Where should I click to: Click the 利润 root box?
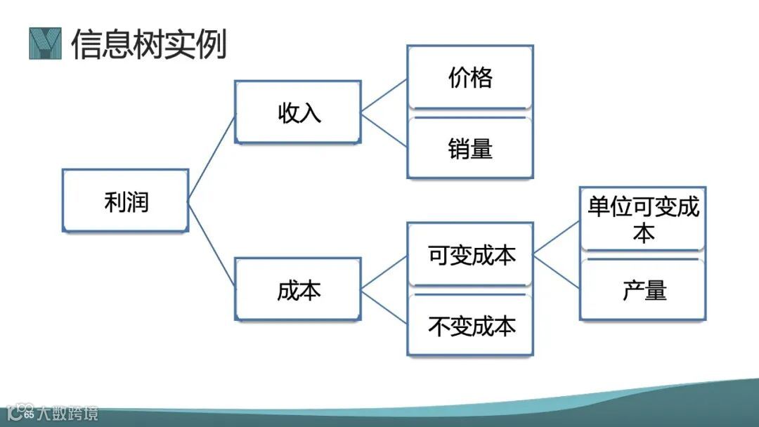126,201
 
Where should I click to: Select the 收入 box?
298,112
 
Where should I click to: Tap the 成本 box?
298,290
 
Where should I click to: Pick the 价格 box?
470,77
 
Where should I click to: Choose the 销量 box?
470,148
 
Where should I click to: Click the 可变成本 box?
471,255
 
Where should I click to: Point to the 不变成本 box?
471,326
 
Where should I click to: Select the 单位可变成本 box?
642,218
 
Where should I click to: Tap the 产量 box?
642,289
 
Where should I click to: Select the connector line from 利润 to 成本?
212,245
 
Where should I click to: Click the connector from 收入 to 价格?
384,95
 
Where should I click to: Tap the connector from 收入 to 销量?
384,130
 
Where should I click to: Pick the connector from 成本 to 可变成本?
384,272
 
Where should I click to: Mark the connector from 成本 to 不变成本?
384,308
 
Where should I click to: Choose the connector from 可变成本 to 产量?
557,271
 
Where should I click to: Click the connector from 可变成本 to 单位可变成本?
557,237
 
